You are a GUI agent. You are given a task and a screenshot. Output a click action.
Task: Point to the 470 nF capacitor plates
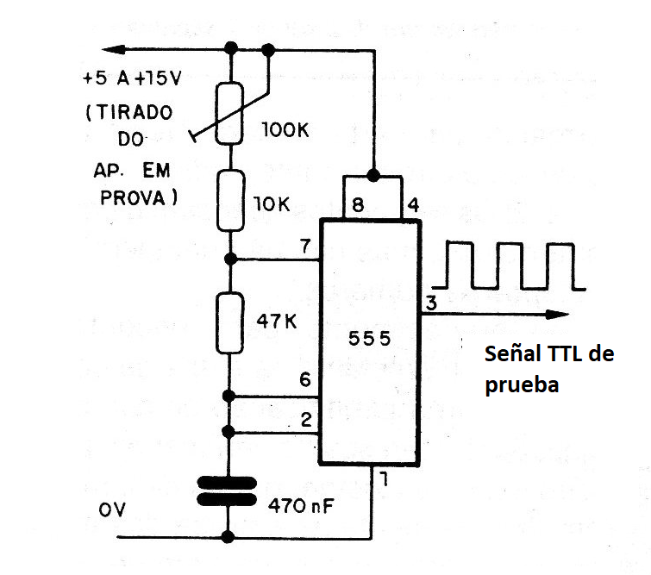229,492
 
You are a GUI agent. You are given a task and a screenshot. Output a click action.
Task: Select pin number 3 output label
430,303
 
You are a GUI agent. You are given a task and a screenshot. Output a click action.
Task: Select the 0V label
113,510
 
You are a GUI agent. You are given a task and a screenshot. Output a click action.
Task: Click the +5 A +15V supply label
128,78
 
